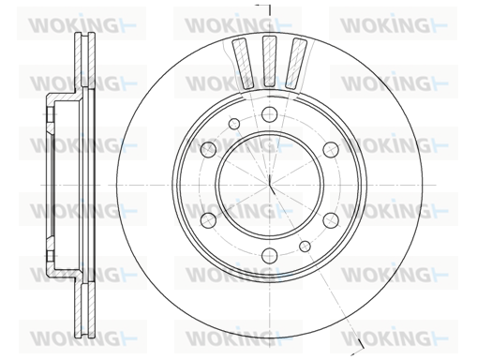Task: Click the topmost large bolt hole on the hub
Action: click(269, 114)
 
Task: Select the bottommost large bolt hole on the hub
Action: click(269, 255)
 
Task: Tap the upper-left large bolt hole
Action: click(208, 149)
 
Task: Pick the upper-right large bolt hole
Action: click(331, 149)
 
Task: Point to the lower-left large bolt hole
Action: click(208, 220)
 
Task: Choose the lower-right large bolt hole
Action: click(331, 220)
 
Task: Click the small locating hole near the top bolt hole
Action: click(234, 124)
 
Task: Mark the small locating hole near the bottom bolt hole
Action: click(305, 246)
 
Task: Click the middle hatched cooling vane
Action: click(270, 61)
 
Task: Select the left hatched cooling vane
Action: click(243, 64)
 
